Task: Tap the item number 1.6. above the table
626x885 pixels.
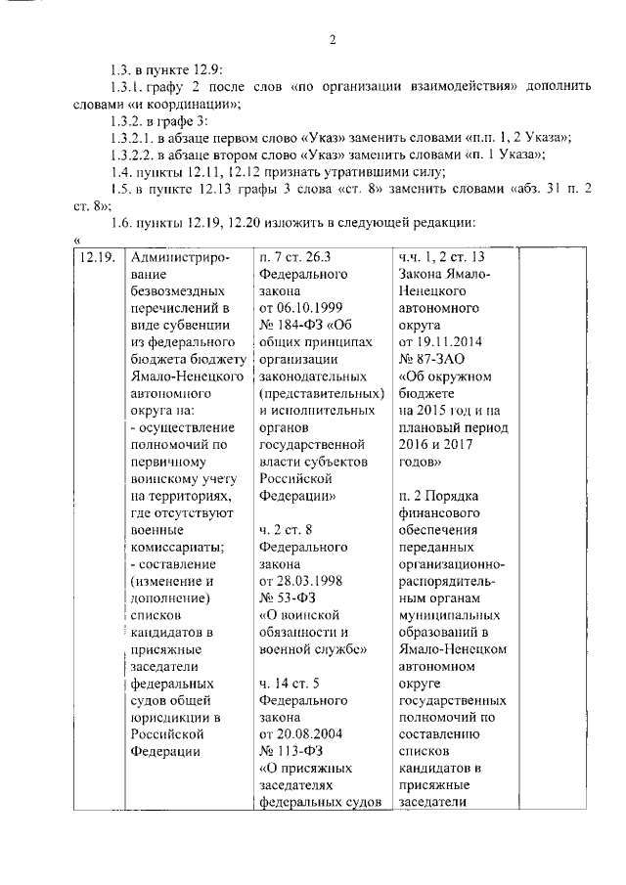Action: [x=121, y=222]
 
